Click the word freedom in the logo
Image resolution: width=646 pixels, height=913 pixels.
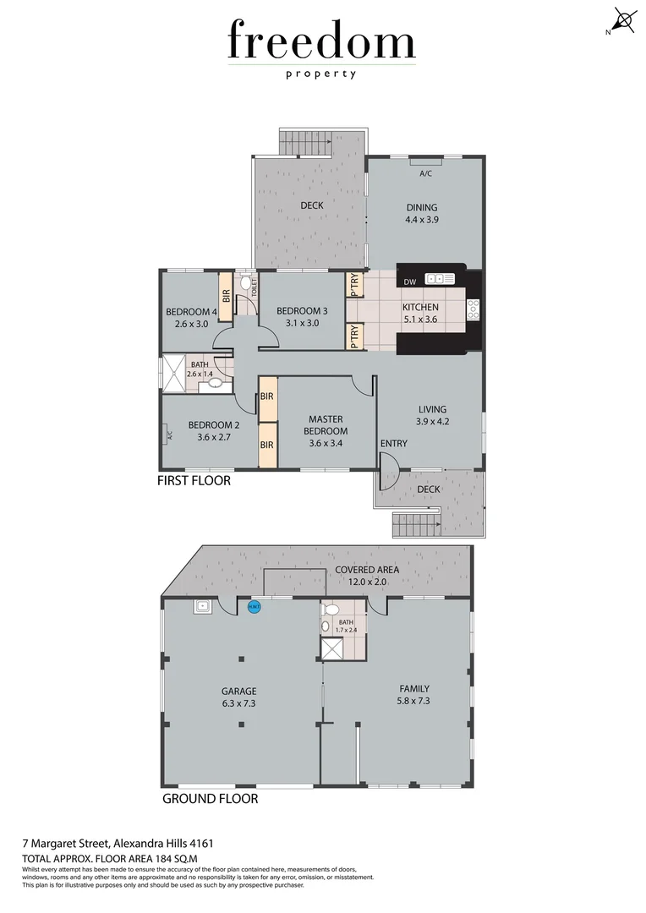click(321, 41)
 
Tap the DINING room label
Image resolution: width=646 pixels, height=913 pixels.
click(421, 207)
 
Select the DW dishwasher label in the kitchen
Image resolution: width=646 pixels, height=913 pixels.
click(410, 282)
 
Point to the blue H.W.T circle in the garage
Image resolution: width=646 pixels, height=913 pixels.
click(253, 606)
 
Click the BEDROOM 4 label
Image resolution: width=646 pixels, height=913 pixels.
click(191, 311)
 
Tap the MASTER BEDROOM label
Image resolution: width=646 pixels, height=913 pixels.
click(327, 424)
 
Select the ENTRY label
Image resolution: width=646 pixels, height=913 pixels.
click(394, 444)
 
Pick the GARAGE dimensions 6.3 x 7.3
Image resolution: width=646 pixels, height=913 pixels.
click(239, 702)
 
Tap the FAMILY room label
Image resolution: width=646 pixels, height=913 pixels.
click(414, 688)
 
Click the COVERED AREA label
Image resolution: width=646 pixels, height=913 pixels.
click(367, 570)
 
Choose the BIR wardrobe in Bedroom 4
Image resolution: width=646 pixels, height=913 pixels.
click(226, 295)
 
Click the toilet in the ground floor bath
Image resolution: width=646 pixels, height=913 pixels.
click(332, 609)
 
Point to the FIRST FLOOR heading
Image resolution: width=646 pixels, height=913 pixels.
click(194, 481)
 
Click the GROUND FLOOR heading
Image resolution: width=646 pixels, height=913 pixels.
click(210, 798)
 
